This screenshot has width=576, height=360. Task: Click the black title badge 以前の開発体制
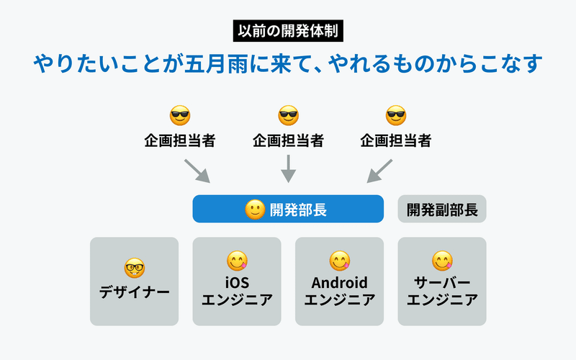click(x=288, y=31)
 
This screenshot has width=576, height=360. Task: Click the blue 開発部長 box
click(x=288, y=209)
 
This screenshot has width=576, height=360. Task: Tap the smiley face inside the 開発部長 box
click(x=255, y=210)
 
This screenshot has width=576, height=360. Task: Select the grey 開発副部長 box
click(x=442, y=209)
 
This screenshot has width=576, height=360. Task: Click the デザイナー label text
click(x=135, y=292)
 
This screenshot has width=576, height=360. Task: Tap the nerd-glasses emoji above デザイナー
click(x=135, y=268)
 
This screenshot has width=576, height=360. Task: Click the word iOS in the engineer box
click(x=237, y=282)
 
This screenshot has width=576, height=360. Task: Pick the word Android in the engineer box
click(x=339, y=282)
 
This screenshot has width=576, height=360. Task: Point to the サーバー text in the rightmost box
click(x=442, y=282)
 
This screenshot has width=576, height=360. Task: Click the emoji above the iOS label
click(x=237, y=261)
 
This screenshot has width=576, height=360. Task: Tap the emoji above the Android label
click(x=339, y=261)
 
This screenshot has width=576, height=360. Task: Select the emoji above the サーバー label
click(x=442, y=261)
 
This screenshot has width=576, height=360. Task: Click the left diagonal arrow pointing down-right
click(x=197, y=171)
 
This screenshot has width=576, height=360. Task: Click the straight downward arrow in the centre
click(x=289, y=168)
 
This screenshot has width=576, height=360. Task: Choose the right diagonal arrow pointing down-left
click(x=379, y=171)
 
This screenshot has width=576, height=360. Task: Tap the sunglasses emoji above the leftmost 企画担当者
click(x=180, y=115)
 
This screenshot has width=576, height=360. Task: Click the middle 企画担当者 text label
click(x=289, y=140)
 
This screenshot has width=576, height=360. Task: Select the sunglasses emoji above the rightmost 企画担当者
click(x=396, y=115)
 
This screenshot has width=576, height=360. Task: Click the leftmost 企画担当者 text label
click(x=180, y=140)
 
